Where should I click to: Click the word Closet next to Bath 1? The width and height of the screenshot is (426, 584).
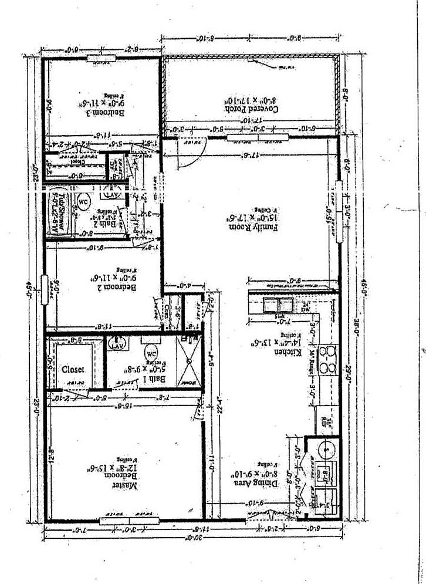(x=73, y=370)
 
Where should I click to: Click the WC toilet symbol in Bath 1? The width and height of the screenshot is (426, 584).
(x=150, y=354)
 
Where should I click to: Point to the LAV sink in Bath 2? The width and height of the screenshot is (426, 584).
(x=111, y=190)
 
